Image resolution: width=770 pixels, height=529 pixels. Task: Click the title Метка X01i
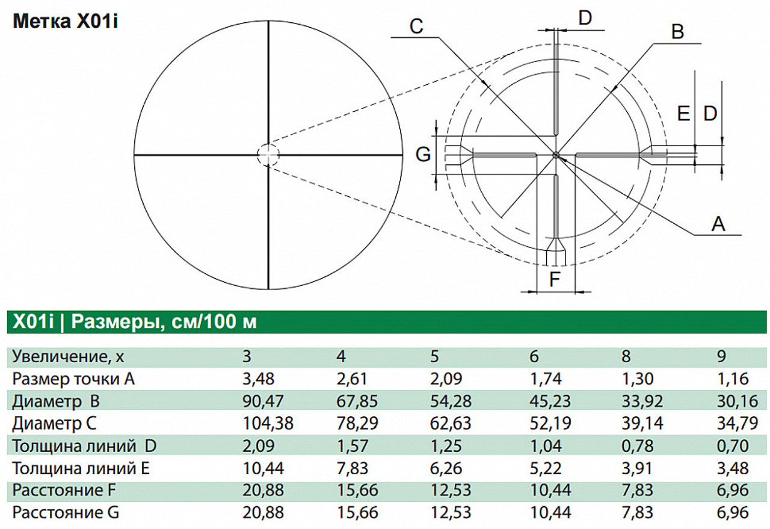coord(66,21)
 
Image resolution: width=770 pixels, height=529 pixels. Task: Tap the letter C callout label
coord(416,26)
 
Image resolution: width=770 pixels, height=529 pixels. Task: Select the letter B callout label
coord(677,32)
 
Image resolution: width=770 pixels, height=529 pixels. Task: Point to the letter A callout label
coord(718,224)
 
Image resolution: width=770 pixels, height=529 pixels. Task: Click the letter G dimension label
coord(423,154)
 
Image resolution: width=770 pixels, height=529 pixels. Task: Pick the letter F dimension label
coord(555,279)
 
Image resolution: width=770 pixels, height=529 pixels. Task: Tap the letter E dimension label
coord(683,113)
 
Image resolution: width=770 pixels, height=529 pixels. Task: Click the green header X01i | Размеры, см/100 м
coord(135,322)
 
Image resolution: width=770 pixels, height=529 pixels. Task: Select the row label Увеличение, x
coord(68,357)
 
